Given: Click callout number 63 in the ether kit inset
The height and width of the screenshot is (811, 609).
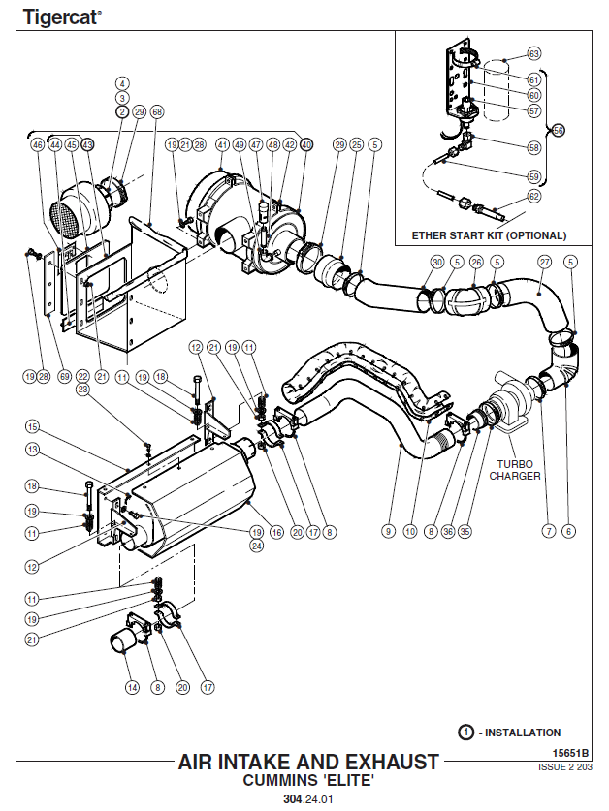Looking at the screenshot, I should pos(533,53).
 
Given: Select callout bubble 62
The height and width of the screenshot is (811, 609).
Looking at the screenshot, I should pos(533,197).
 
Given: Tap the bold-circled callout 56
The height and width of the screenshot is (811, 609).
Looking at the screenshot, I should pos(558,130).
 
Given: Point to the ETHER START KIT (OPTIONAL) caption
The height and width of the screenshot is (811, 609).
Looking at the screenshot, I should pos(489,235).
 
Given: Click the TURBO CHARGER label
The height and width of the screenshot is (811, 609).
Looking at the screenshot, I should pos(514,469).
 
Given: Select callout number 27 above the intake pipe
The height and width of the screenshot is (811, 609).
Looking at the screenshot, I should pos(544,263).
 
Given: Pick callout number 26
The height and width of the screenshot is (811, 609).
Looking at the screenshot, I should pos(475,263).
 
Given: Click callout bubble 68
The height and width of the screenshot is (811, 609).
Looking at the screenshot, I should pos(157,112).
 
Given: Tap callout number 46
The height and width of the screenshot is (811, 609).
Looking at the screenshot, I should pos(38,144).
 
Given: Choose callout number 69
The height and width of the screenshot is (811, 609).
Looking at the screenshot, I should pos(65,376).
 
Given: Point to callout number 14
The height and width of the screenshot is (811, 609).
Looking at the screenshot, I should pos(132,688).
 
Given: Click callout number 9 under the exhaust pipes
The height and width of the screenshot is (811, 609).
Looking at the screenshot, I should pos(388,531).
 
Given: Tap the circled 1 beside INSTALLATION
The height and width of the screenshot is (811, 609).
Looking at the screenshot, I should pos(467,733).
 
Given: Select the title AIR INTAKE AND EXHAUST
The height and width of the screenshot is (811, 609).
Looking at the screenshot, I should pos(308,763).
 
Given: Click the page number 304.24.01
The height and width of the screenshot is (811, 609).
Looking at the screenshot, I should pos(308,799).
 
